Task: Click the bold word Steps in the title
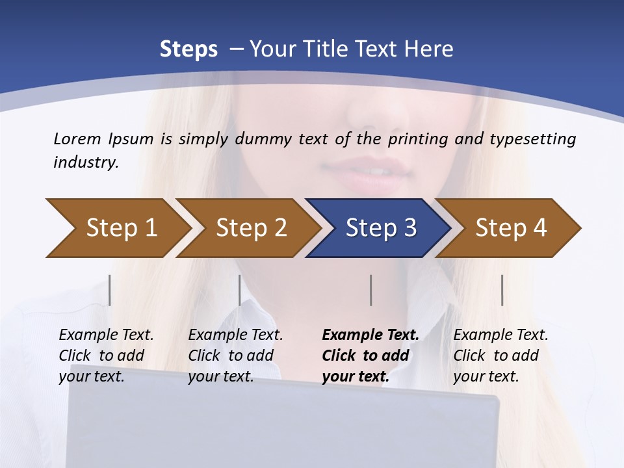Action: [188, 49]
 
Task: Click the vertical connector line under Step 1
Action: [110, 290]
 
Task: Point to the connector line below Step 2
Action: [240, 290]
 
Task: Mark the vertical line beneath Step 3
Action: [371, 290]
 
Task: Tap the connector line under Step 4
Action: [502, 290]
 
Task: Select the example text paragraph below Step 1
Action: [106, 356]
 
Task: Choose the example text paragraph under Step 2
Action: [235, 356]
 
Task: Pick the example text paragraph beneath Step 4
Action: [500, 356]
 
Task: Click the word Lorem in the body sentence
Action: [77, 138]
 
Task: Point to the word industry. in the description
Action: [86, 162]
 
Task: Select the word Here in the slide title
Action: [429, 49]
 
